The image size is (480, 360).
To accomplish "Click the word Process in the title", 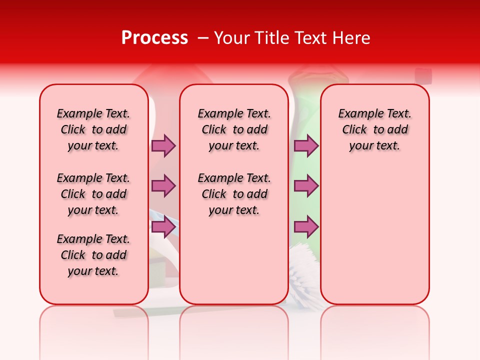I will pos(154,38).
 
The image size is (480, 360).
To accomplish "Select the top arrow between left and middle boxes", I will pos(163,145).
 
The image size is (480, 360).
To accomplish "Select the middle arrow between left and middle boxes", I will pos(163,186).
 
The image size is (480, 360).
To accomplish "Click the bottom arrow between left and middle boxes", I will pos(163,227).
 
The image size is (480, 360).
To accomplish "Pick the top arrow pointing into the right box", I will pos(306,145).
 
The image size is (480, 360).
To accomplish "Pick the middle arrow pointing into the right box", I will pos(306,186).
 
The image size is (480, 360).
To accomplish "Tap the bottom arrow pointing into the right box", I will pos(306,227).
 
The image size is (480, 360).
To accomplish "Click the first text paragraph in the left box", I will pos(93,129).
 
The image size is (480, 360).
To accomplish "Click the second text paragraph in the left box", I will pos(93,194).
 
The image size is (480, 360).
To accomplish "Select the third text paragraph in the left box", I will pos(93,255).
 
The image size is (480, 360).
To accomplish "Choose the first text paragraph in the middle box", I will pos(234,129).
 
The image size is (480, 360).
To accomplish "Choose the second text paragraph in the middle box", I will pos(234,194).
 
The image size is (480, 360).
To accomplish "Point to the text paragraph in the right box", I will pos(374,129).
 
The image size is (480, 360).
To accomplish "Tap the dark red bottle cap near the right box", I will pos(423,75).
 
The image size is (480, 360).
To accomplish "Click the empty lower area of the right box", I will pos(374,240).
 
